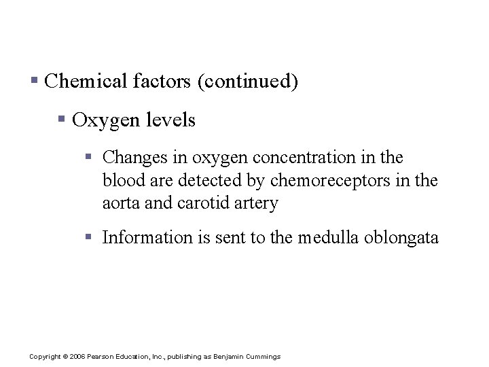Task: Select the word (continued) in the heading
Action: (247, 82)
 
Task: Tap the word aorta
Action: (120, 203)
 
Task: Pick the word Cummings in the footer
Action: (266, 356)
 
